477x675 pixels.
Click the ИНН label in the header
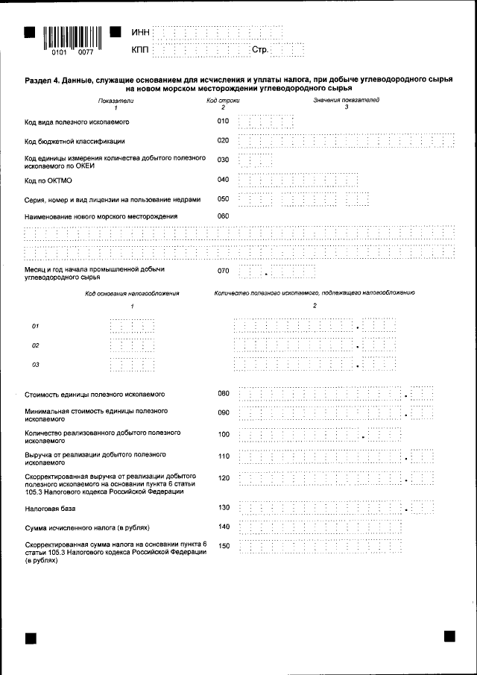click(x=140, y=33)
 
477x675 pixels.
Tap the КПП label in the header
click(x=140, y=50)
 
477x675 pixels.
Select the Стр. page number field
click(x=288, y=50)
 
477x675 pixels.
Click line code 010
click(x=223, y=121)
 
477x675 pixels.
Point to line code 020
click(x=223, y=140)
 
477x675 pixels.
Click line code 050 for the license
click(x=223, y=198)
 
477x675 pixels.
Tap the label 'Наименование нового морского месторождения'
click(x=101, y=216)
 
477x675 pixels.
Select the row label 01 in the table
click(x=35, y=326)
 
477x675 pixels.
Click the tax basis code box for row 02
click(x=132, y=345)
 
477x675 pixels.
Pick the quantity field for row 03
click(x=314, y=365)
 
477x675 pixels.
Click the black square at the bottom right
click(x=449, y=635)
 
